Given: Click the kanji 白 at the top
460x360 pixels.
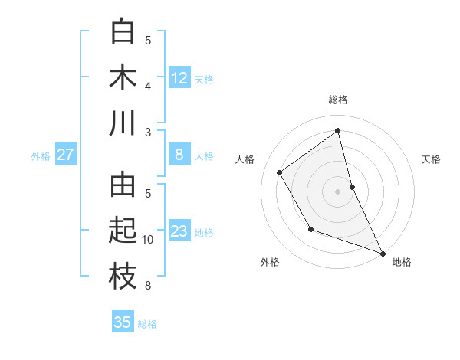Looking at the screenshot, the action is point(123,32).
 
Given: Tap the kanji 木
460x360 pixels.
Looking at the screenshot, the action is point(123,77).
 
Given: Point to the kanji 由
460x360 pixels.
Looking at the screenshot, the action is point(123,185).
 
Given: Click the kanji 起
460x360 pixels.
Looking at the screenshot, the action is point(123,231).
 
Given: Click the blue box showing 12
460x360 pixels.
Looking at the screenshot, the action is point(179,78).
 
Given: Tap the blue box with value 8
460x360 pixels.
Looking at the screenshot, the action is point(179,155).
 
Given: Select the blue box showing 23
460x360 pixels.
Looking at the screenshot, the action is point(179,231).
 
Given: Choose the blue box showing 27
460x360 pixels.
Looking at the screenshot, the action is point(65,155).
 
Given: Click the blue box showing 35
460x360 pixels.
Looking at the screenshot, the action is point(123,322).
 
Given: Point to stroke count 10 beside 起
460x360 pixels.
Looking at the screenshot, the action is point(148,240).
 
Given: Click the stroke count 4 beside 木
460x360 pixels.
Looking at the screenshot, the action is point(148,86).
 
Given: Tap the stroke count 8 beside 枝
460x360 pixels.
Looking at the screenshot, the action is point(148,286).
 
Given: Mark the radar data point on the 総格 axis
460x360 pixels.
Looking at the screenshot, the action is point(337,129).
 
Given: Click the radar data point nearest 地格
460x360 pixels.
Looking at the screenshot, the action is point(383,253).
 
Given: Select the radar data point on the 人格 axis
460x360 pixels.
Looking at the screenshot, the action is point(279,172).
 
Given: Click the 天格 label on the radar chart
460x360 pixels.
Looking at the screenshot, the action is point(431,159).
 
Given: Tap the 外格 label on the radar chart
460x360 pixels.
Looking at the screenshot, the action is point(270,262).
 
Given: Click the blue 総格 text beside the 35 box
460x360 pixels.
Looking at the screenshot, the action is point(147,324).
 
